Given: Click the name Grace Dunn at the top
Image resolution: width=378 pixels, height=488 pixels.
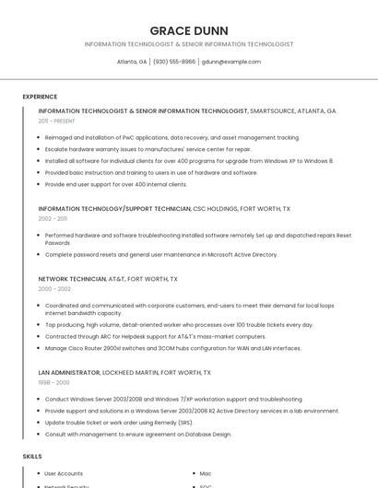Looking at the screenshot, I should click(188, 30).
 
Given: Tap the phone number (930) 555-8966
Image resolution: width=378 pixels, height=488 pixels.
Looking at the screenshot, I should click(174, 62).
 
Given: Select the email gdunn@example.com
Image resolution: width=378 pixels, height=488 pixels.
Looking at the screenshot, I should click(230, 62).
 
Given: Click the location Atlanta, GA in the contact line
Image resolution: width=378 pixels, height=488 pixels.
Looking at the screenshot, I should click(132, 62).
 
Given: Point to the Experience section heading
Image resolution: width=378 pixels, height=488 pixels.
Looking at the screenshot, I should click(40, 97).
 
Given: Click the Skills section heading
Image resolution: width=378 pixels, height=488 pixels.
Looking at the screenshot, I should click(32, 456).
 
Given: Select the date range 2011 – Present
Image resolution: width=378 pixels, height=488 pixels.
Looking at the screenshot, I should click(56, 121).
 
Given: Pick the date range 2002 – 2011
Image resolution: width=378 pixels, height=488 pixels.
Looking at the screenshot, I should click(53, 219).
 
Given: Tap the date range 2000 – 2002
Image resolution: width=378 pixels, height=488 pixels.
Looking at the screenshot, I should click(54, 288).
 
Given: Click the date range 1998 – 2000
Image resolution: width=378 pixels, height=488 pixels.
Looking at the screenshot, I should click(53, 382).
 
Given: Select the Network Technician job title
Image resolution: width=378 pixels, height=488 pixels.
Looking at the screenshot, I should click(72, 278).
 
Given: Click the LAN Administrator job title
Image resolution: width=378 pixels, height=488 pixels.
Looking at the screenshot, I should click(69, 372).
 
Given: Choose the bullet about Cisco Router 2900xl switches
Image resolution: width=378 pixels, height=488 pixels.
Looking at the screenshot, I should click(173, 348).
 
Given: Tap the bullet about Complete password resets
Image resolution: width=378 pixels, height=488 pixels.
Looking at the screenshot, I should click(161, 254).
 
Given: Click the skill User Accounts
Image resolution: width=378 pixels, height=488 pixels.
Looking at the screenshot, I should click(64, 473).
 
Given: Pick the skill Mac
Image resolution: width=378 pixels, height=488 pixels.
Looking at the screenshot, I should click(206, 473).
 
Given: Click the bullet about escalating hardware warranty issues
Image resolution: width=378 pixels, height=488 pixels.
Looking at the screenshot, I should click(148, 148).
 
